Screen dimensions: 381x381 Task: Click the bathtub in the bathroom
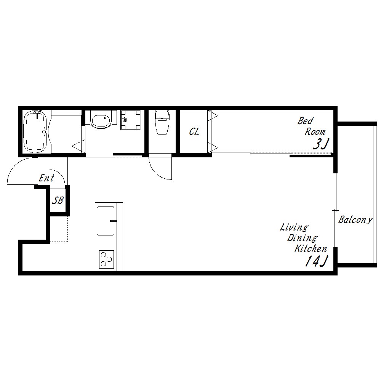pyautogui.click(x=35, y=131)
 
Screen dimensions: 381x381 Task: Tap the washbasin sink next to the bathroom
pyautogui.click(x=100, y=119)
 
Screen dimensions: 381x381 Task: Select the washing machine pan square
pyautogui.click(x=130, y=120)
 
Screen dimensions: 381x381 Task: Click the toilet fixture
pyautogui.click(x=162, y=122)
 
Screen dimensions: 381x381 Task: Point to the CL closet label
pyautogui.click(x=194, y=132)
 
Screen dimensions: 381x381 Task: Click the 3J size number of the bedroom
pyautogui.click(x=320, y=144)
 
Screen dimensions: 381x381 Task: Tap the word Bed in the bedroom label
pyautogui.click(x=306, y=121)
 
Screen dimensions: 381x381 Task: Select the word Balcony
pyautogui.click(x=355, y=220)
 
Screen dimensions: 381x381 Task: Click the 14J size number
pyautogui.click(x=316, y=261)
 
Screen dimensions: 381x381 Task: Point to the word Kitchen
pyautogui.click(x=311, y=248)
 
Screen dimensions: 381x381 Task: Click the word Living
pyautogui.click(x=294, y=228)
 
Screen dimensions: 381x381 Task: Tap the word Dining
pyautogui.click(x=302, y=238)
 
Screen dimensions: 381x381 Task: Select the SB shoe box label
pyautogui.click(x=58, y=200)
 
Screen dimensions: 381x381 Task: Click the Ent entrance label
pyautogui.click(x=46, y=178)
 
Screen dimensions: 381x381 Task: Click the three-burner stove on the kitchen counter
pyautogui.click(x=106, y=259)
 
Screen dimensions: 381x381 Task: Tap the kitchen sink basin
pyautogui.click(x=106, y=221)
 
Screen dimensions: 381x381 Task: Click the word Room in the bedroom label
pyautogui.click(x=315, y=132)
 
